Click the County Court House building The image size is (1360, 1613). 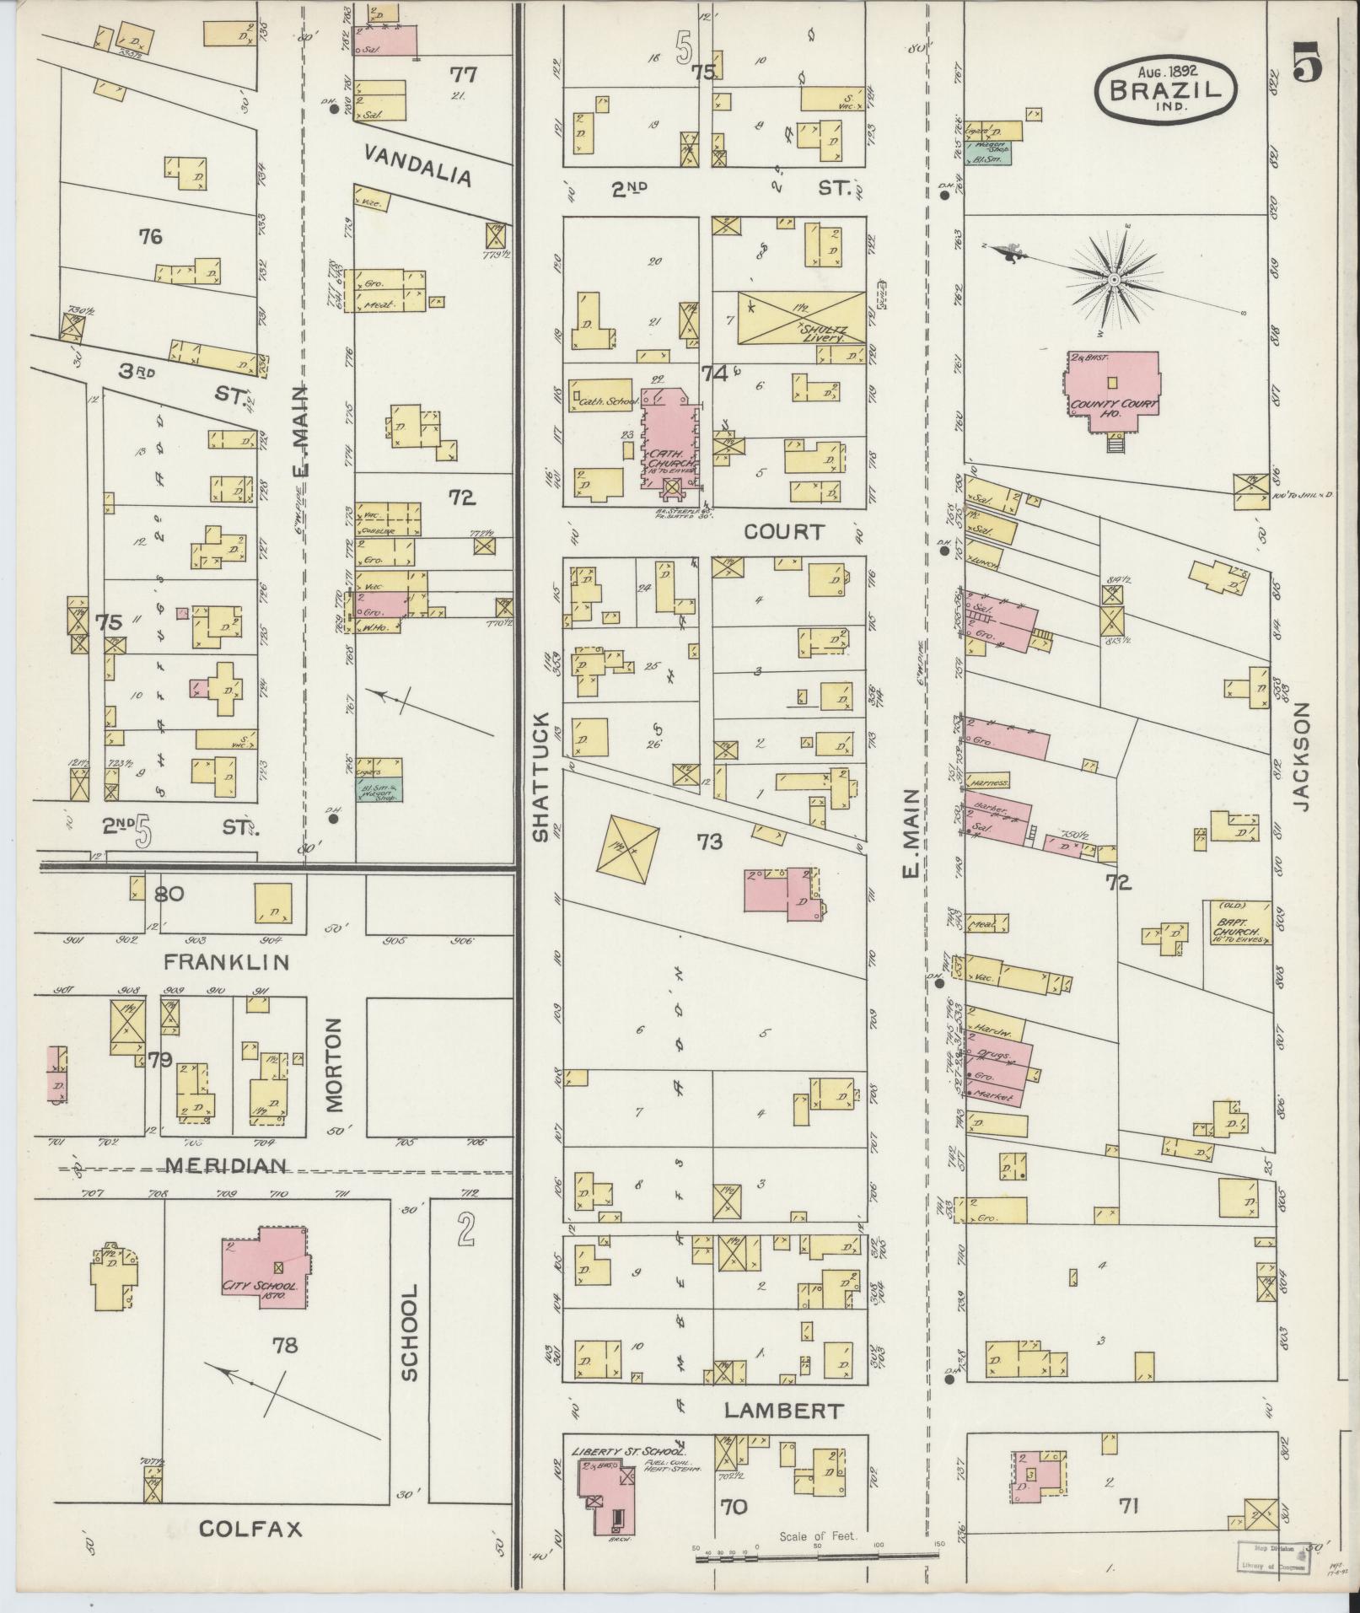1112,392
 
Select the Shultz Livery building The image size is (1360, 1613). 800,318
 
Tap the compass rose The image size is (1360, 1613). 1113,279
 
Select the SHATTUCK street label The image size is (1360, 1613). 540,775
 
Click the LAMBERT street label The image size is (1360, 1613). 782,1411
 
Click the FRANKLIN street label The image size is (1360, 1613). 226,961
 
